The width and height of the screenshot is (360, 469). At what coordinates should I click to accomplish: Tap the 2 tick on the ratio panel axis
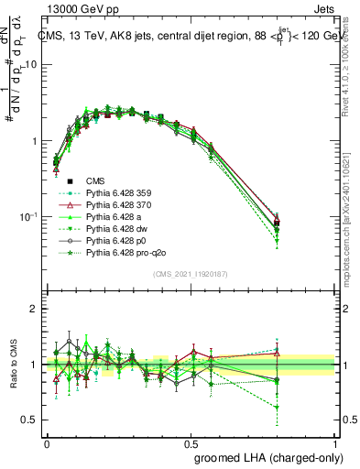36,309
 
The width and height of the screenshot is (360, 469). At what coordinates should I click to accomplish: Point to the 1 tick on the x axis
334,443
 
